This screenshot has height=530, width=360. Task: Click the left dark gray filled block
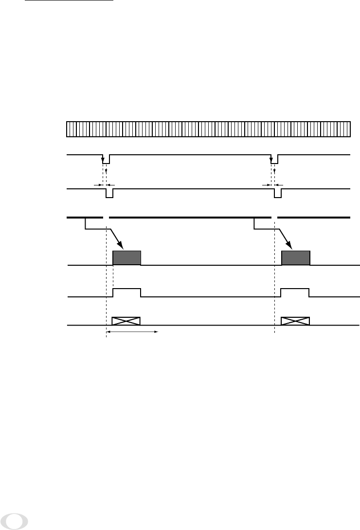point(126,257)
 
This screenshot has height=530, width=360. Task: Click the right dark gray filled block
point(295,257)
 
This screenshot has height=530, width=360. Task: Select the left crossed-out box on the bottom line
point(126,321)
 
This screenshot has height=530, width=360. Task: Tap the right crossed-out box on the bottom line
point(295,321)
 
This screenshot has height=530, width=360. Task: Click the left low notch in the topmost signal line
point(106,160)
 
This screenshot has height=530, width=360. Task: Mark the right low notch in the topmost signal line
point(274,160)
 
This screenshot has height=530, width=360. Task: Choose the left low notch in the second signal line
point(109,194)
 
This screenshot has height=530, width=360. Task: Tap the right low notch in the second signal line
point(278,194)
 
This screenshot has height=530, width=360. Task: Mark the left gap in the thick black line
point(107,217)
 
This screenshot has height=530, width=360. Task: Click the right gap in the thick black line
point(274,217)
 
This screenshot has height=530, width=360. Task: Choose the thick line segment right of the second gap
point(314,217)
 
